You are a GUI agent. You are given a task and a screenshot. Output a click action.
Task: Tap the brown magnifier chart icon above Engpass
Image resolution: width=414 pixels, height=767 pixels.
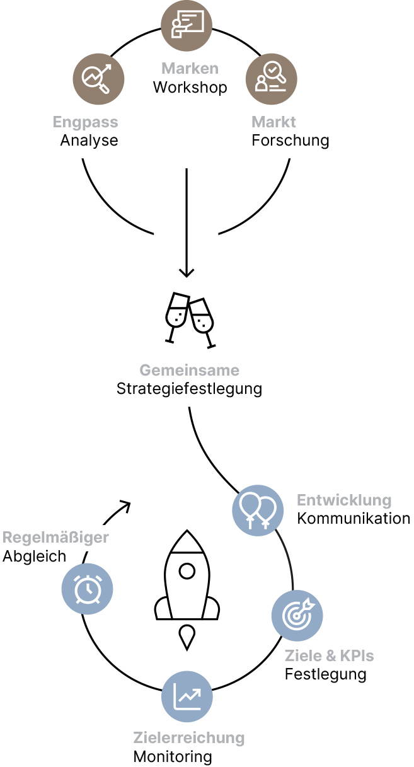[99, 79]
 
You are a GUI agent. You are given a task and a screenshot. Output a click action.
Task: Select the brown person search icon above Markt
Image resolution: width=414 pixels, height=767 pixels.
[271, 79]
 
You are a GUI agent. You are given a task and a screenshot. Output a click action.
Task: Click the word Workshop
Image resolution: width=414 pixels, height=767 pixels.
[190, 87]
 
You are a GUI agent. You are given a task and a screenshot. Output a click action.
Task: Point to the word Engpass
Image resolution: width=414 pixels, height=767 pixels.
[85, 122]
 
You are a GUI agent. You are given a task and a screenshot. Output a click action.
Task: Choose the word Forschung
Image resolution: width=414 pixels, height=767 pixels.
[290, 140]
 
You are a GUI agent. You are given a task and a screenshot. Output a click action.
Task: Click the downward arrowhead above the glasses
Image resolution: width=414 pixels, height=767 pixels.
[187, 272]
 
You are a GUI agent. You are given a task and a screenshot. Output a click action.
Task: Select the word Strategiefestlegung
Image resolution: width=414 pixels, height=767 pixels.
[189, 388]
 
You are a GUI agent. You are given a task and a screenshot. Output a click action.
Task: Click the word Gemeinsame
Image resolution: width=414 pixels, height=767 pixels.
[189, 370]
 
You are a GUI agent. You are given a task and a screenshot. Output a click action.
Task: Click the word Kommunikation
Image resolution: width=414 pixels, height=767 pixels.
[354, 519]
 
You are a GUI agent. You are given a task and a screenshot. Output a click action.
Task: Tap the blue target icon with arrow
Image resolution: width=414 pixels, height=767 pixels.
[297, 615]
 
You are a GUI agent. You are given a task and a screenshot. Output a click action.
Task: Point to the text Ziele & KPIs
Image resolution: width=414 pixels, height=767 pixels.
[329, 655]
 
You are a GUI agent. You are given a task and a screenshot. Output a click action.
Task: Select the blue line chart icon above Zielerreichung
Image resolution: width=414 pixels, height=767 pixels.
[187, 696]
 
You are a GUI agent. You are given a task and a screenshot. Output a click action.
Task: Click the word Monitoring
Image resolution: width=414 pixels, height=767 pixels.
[172, 756]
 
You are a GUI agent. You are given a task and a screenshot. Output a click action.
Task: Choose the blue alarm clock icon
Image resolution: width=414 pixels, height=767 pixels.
[87, 589]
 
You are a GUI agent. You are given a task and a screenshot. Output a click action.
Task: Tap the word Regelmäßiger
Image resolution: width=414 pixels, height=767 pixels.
[55, 538]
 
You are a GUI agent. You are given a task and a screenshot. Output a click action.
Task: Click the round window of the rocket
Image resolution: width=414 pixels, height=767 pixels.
[187, 572]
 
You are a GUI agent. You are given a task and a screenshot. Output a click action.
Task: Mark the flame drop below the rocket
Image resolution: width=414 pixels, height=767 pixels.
[187, 637]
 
